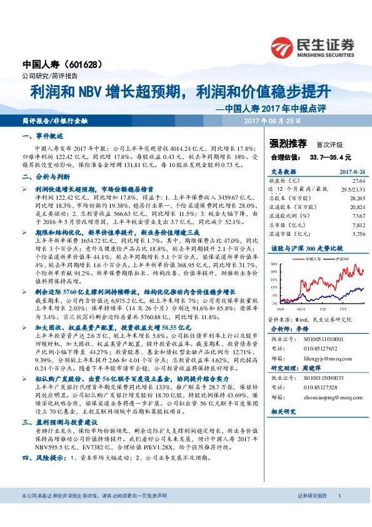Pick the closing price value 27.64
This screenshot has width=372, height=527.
coord(356,180)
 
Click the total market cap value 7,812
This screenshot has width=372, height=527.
coord(357,225)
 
